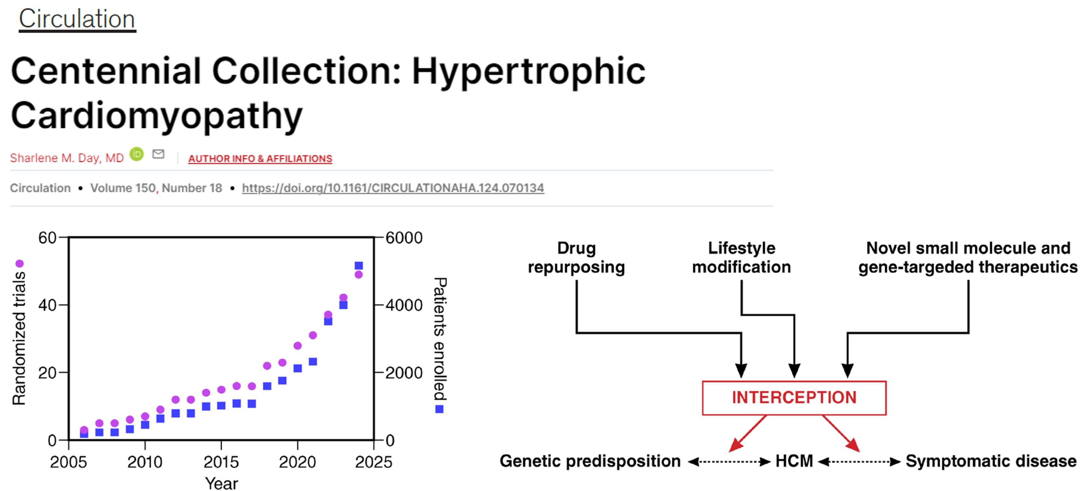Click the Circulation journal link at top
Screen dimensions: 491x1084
pos(77,19)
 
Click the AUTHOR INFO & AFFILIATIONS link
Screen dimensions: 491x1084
pos(260,159)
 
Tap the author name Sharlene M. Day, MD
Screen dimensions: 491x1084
pos(67,158)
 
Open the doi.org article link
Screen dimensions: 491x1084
pos(393,188)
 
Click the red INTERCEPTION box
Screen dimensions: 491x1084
pos(794,398)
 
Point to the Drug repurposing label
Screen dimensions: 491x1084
pos(576,257)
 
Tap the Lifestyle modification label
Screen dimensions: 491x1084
pos(741,257)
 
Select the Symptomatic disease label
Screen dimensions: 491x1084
pos(991,461)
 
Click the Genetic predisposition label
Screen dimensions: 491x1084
pos(590,461)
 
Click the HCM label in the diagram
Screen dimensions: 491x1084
pos(794,461)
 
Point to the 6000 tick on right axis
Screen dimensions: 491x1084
pos(404,238)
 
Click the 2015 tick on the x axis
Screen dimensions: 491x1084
pos(221,462)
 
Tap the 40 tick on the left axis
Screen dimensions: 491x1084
pos(47,305)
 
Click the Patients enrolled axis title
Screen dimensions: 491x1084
pos(440,339)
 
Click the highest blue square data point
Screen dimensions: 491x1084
pos(358,266)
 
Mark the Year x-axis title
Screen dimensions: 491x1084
pos(221,483)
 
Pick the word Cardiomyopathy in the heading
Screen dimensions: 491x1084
pos(156,115)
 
